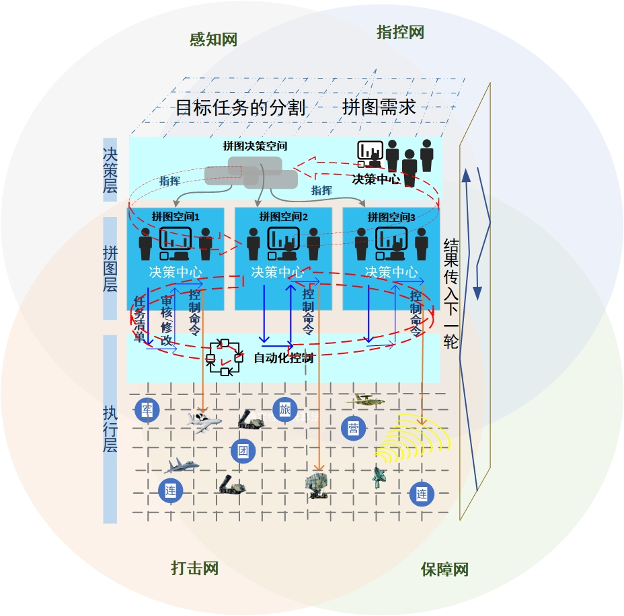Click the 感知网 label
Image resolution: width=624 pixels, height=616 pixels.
coord(213,40)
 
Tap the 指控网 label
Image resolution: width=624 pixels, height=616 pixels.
coord(400,32)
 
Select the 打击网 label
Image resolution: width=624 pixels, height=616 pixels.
coord(195,568)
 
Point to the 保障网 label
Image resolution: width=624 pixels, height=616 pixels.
coord(444,570)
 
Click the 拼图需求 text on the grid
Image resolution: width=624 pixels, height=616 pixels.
coord(379,107)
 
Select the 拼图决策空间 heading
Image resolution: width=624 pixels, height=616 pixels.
coord(255,145)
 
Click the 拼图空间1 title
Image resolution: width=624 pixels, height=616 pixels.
coord(175,216)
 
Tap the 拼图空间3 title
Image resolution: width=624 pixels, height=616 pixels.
coord(391,217)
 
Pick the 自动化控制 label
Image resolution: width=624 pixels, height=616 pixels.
coord(283,358)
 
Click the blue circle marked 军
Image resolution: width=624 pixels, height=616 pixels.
coord(147,410)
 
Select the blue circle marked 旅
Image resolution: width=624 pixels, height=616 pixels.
coord(284,410)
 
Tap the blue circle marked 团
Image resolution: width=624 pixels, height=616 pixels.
coord(243,450)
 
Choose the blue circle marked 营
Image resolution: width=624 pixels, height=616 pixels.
coord(353,428)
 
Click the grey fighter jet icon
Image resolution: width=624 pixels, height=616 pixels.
coord(182,466)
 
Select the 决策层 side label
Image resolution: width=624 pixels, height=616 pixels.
coord(110,171)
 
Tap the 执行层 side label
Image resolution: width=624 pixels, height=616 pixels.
coord(110,429)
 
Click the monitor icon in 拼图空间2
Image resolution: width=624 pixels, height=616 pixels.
coord(283,238)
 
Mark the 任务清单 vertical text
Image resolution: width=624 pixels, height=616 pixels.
coord(140,320)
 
